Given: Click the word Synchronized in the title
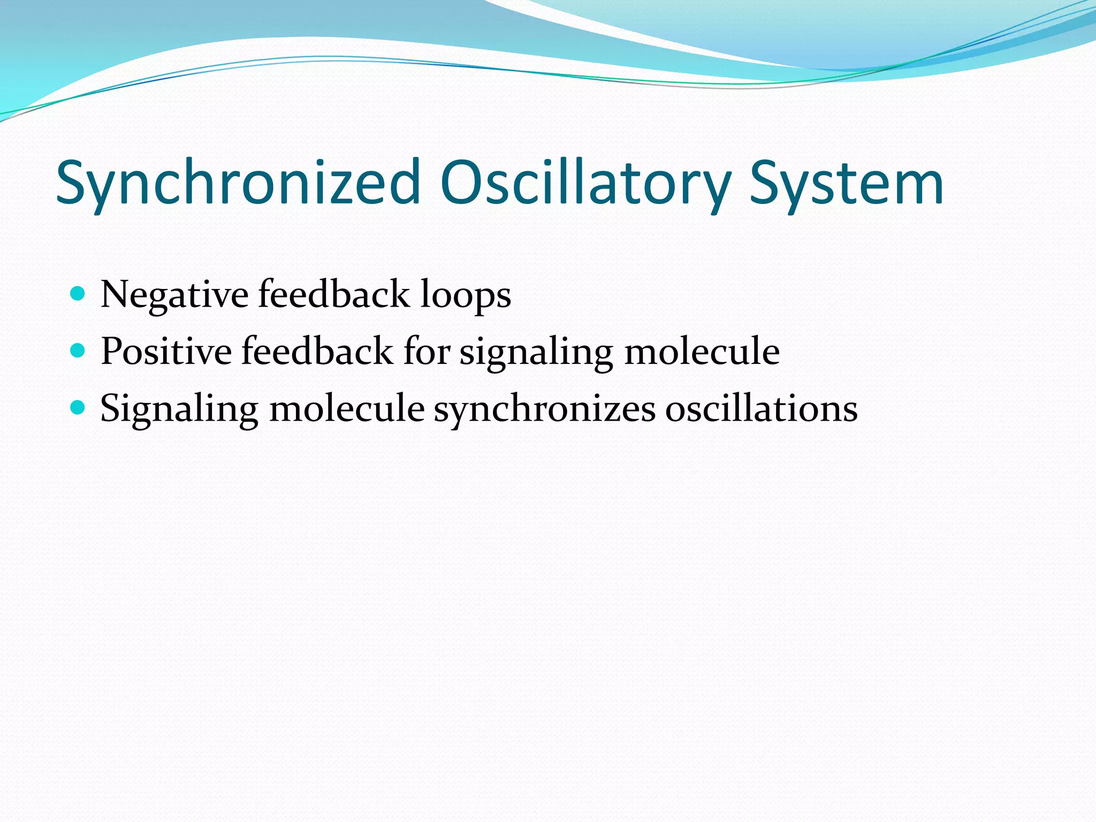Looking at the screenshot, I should (x=238, y=183).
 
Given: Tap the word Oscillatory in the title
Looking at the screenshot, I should (x=586, y=183).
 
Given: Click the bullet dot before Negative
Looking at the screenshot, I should (x=78, y=293).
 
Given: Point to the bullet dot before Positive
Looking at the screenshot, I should (x=78, y=351).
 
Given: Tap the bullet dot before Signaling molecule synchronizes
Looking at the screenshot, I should (x=78, y=408).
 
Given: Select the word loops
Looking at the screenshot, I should (x=465, y=295).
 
